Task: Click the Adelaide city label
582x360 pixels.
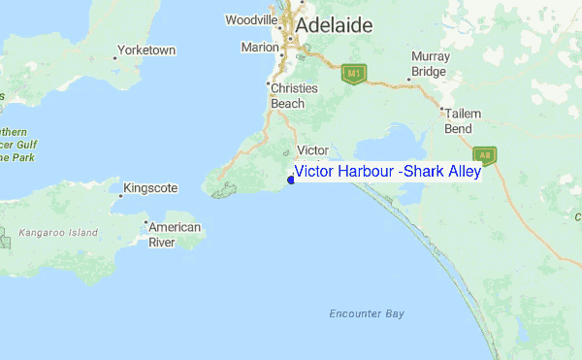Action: [335, 25]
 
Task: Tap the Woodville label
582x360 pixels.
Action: [251, 19]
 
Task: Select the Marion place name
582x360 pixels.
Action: [259, 47]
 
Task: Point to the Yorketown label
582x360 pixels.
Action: [145, 49]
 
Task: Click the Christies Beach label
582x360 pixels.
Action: [293, 95]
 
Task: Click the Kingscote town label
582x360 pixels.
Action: [150, 188]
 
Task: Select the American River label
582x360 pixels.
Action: [175, 235]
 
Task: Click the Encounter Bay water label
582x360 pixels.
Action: [366, 313]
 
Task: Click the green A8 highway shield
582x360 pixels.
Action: [485, 153]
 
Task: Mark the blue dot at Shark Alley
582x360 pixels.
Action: [291, 179]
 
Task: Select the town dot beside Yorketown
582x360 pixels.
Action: [114, 58]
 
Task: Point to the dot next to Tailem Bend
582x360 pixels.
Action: [441, 109]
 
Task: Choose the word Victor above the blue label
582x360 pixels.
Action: [312, 150]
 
